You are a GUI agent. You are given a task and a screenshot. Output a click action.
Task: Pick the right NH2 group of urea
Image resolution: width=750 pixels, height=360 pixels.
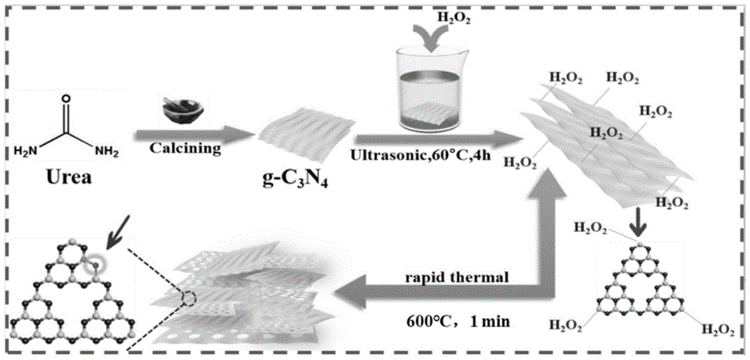coord(107,152)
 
